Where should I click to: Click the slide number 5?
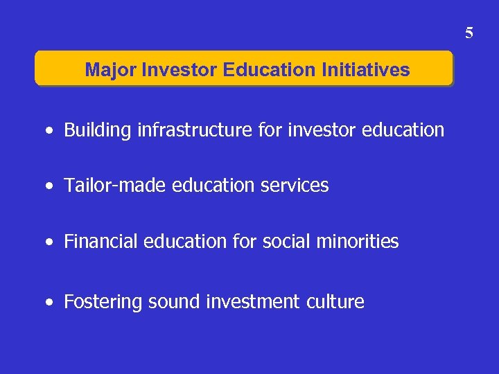(469, 33)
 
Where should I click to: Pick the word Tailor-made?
(105, 186)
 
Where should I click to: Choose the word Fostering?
(98, 302)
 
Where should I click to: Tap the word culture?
(336, 302)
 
